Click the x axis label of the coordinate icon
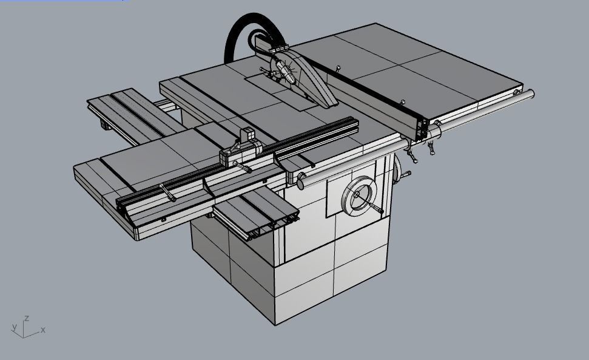pos(43,330)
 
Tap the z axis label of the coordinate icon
pos(27,318)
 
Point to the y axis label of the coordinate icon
pos(15,327)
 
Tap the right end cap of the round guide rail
pos(530,94)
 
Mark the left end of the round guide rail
pos(301,184)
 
